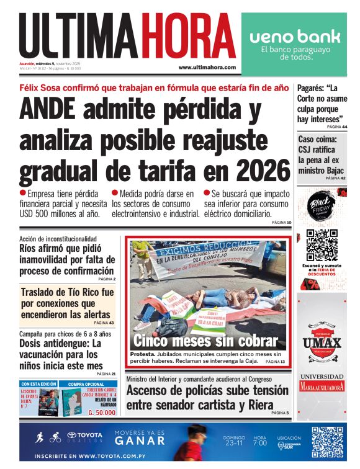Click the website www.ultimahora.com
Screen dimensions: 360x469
(x=207, y=68)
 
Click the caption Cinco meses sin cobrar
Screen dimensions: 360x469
(x=205, y=341)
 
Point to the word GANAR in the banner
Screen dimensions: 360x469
(x=140, y=440)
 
